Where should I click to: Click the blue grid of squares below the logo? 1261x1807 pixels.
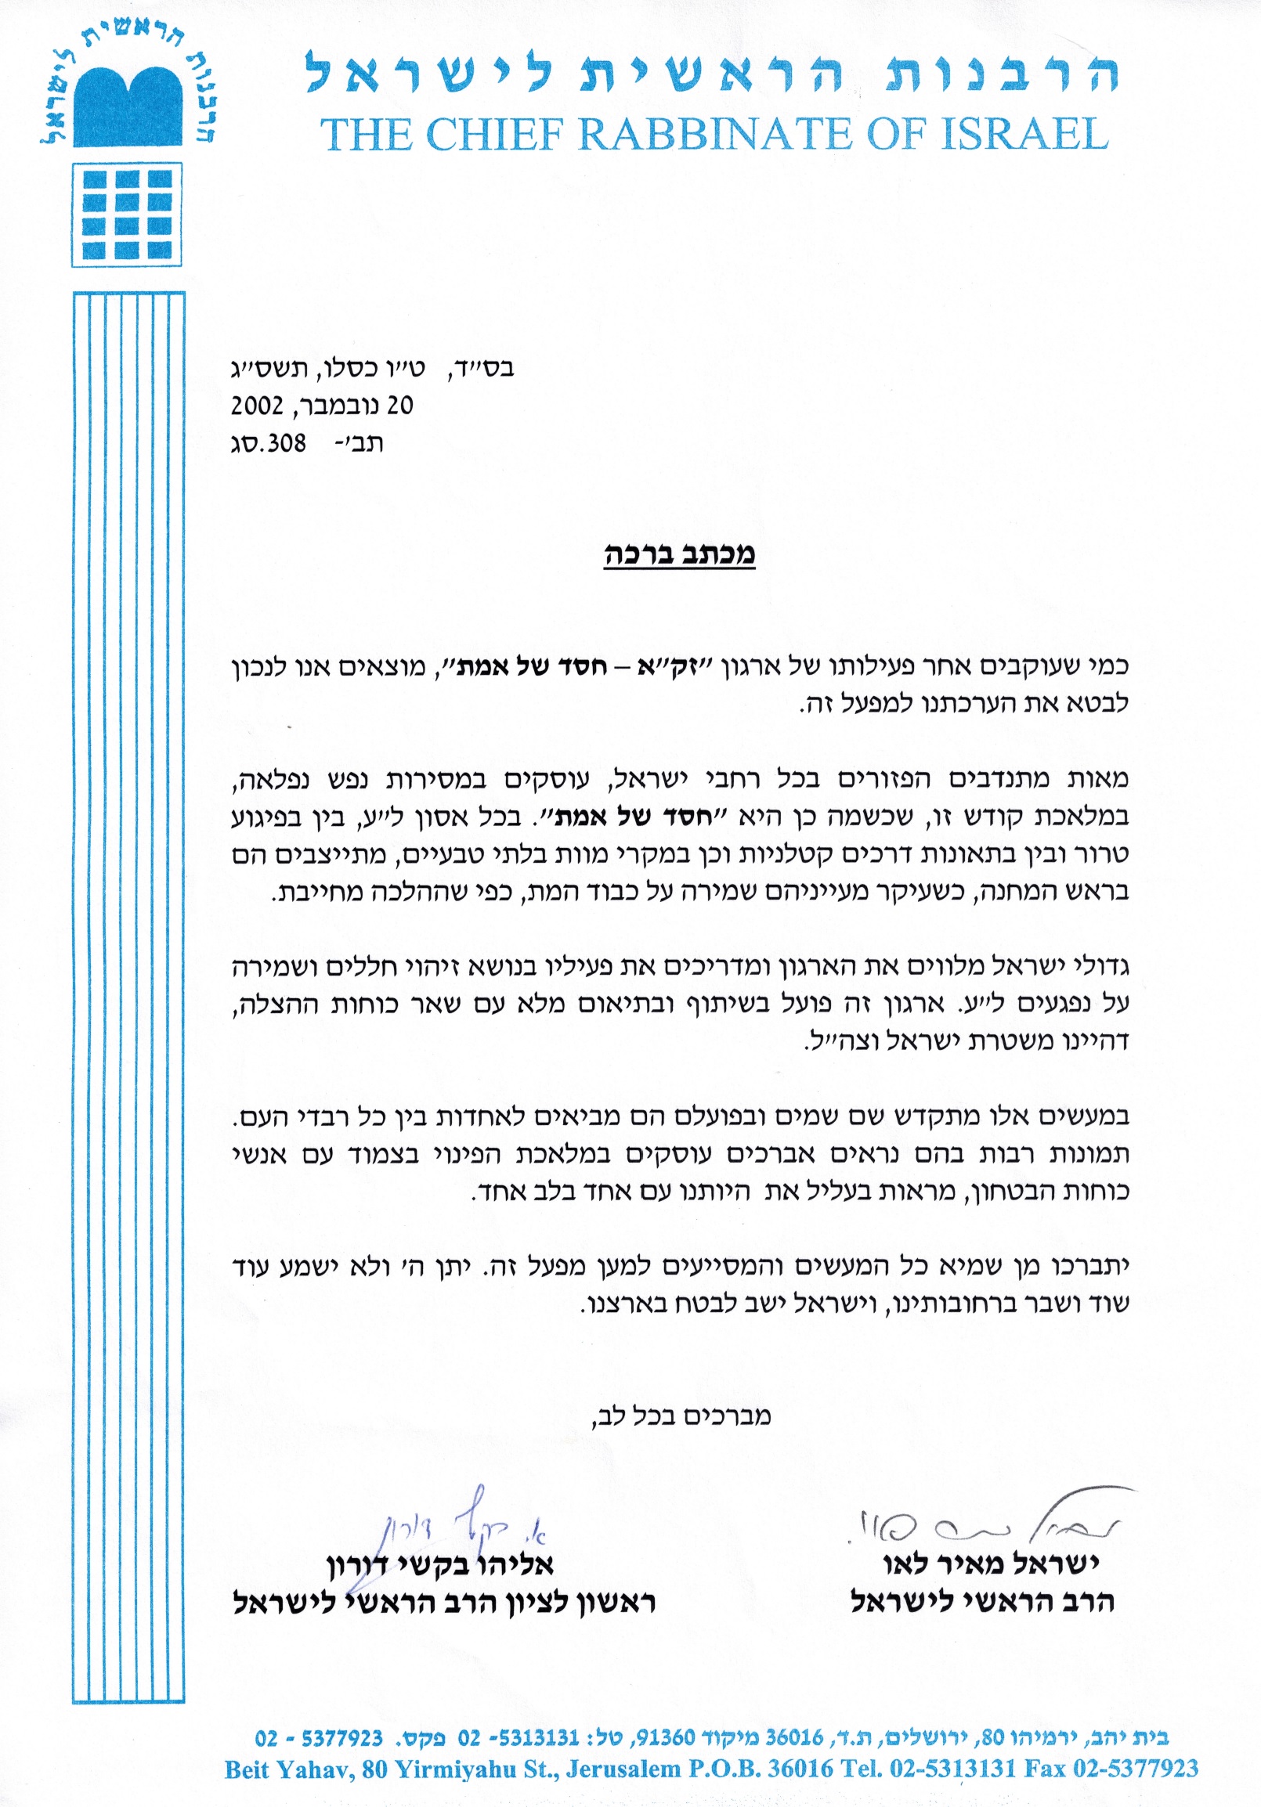click(x=128, y=214)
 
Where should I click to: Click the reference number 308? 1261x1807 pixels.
click(x=287, y=443)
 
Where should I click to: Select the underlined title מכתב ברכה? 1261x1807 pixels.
click(x=679, y=554)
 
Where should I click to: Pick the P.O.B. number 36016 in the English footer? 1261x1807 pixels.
click(x=800, y=1770)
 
